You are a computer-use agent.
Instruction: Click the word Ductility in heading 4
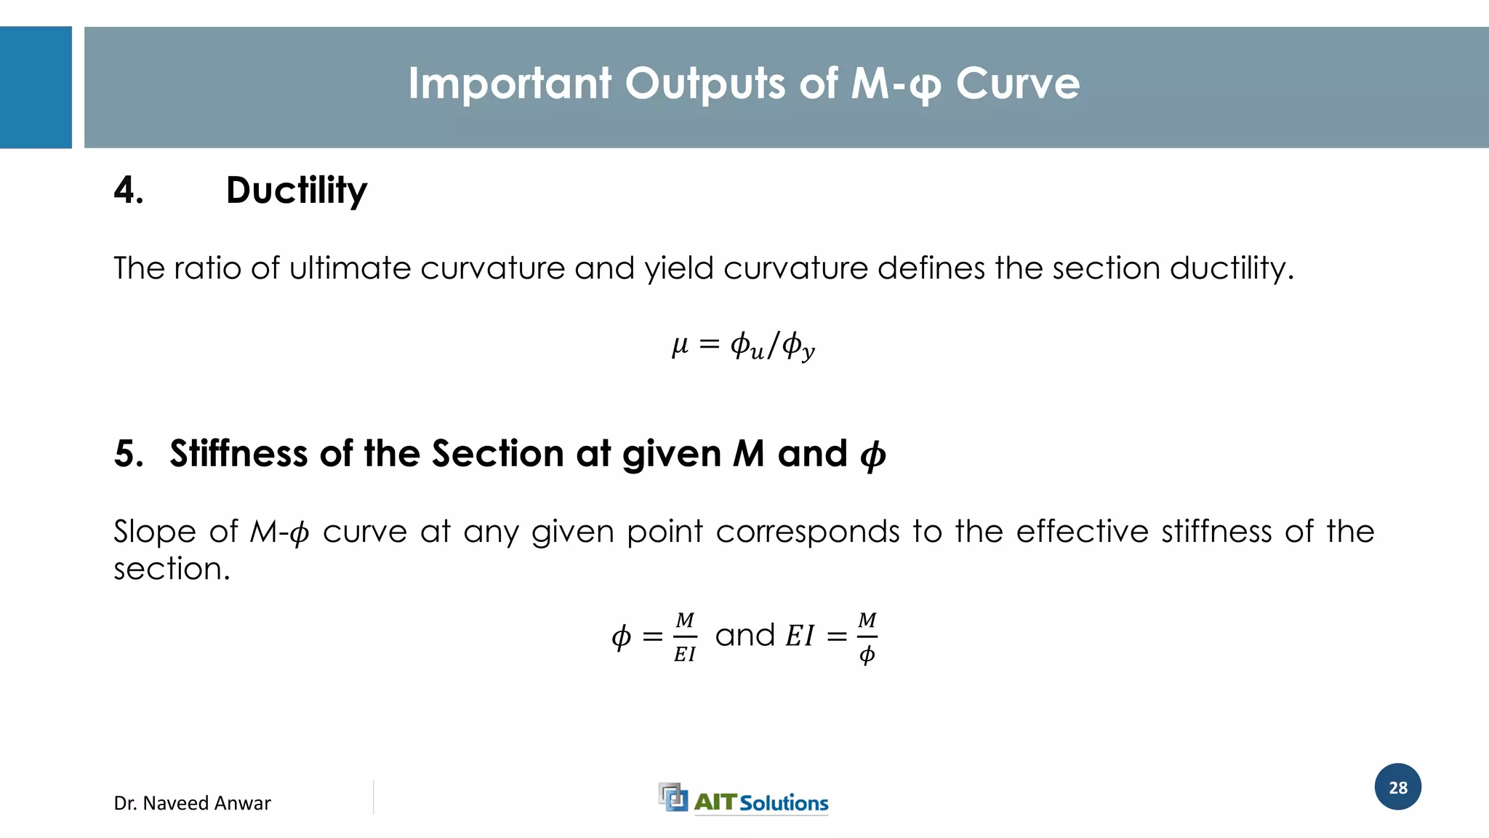(x=297, y=191)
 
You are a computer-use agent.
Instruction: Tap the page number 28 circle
(x=1397, y=787)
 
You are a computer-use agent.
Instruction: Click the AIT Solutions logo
(x=743, y=799)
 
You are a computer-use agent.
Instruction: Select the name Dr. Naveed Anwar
(x=192, y=803)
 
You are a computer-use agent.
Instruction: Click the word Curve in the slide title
(x=1017, y=84)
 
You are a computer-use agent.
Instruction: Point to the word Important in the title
(x=509, y=84)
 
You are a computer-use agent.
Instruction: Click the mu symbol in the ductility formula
(x=680, y=344)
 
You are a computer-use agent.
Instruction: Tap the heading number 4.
(x=128, y=191)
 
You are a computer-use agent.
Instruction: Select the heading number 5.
(x=128, y=454)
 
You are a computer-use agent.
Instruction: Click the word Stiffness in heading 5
(x=238, y=454)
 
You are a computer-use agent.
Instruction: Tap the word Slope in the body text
(x=154, y=532)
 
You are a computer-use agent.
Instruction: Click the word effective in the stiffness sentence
(x=1082, y=532)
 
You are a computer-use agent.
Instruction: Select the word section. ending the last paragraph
(x=172, y=569)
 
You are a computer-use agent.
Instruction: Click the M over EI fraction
(x=685, y=637)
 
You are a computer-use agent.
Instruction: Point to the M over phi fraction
(x=867, y=637)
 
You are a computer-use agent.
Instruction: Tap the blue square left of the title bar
(x=36, y=87)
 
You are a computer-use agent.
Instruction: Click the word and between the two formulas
(x=745, y=636)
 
